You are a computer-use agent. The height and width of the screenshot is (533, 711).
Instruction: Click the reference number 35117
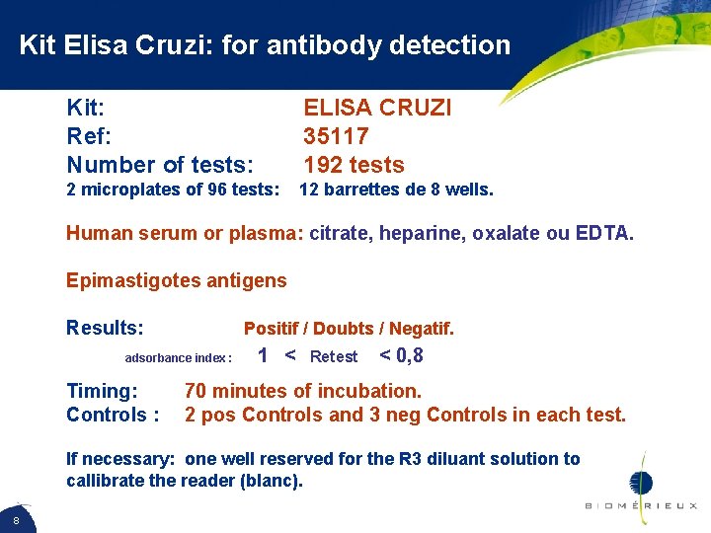pos(336,135)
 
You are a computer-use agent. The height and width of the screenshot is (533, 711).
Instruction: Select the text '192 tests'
pos(354,164)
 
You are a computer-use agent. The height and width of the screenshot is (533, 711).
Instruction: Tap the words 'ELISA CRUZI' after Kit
pos(376,107)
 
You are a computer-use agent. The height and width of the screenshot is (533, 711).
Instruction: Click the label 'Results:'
pos(105,327)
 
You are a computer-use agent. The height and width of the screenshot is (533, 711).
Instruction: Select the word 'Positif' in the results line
pos(274,329)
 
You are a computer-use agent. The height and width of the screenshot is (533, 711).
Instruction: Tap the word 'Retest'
pos(334,357)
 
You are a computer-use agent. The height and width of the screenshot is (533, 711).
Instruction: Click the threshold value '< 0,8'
pos(402,356)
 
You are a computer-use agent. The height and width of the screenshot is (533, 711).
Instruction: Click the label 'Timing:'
pos(102,391)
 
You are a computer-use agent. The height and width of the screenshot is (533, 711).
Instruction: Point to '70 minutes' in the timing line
pos(233,391)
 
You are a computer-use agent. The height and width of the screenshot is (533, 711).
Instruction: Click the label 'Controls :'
pos(113,415)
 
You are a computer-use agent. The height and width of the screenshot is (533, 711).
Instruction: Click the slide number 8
pos(17,519)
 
